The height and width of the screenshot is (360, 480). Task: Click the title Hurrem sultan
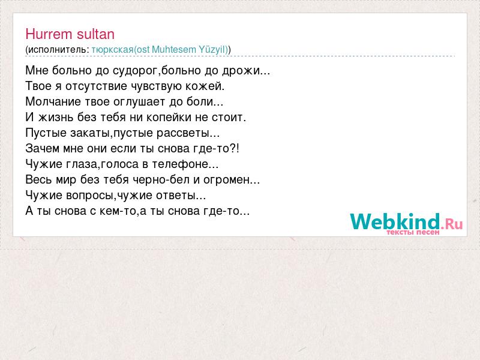click(70, 34)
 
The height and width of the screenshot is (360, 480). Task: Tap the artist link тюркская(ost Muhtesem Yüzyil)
click(160, 50)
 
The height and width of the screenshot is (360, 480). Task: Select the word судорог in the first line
click(135, 71)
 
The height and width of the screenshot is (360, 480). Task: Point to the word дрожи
click(241, 71)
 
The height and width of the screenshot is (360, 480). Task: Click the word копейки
click(168, 117)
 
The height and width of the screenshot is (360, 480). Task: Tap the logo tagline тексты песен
click(413, 232)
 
